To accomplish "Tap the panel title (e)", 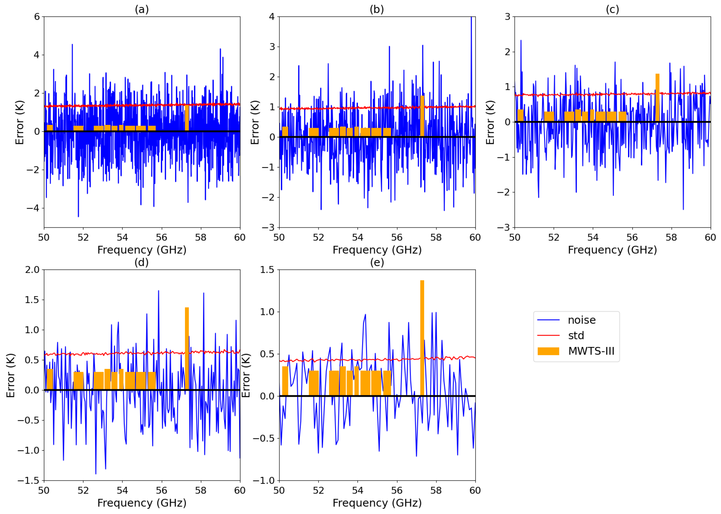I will [x=377, y=262].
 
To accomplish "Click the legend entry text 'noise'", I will [x=582, y=320].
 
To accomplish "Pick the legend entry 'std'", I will [x=576, y=336].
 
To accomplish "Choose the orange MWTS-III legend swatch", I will [x=548, y=351].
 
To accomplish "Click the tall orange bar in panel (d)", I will [x=187, y=348].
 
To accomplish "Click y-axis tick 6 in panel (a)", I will [x=37, y=17].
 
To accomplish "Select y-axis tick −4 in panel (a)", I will [x=33, y=208].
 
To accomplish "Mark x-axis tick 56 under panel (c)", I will [x=632, y=237].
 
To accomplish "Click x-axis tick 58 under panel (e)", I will [x=436, y=490].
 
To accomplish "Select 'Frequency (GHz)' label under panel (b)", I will [x=377, y=250].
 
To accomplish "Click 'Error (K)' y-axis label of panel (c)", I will [x=490, y=122].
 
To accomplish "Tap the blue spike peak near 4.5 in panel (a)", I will [x=72, y=45].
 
